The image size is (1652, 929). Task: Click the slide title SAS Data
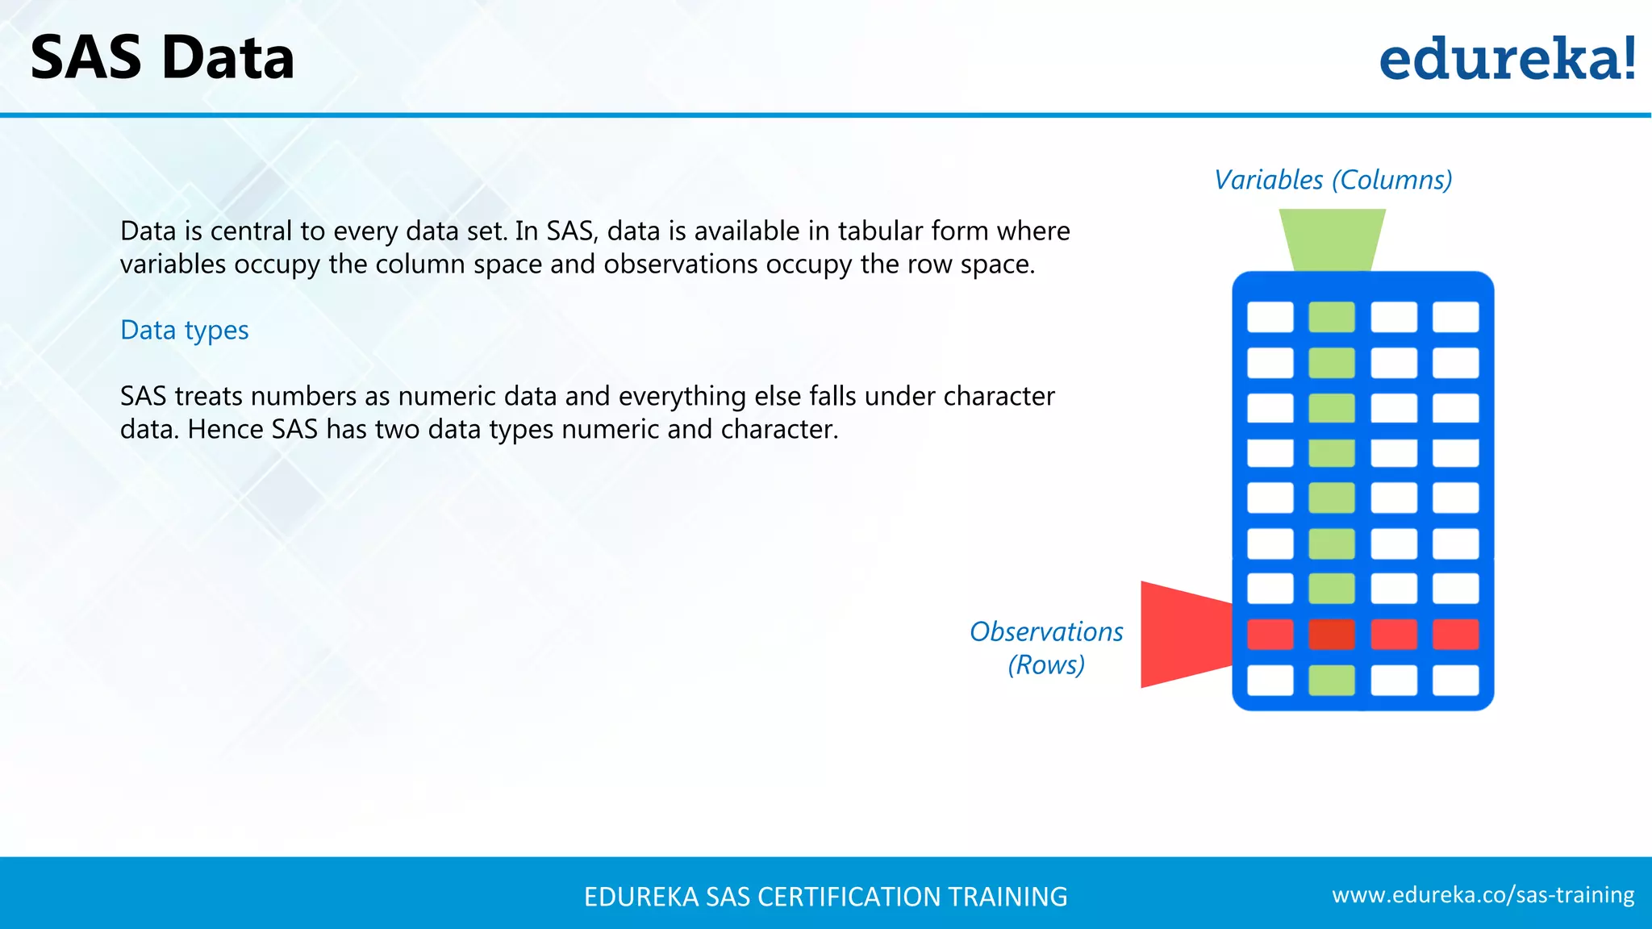(162, 58)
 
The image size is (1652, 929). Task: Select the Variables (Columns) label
(1333, 180)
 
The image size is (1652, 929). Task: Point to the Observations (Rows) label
(1046, 648)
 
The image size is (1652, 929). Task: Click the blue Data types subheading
(184, 330)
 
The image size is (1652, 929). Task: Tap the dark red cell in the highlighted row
(1332, 635)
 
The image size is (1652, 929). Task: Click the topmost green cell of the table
(1332, 317)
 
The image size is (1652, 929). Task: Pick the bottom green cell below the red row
(1332, 680)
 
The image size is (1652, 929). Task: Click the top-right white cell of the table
(1455, 317)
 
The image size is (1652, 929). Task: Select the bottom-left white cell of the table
(1270, 680)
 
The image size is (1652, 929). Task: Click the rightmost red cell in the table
(1455, 635)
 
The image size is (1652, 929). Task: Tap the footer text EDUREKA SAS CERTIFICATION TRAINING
(825, 897)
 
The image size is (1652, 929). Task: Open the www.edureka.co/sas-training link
(1483, 895)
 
